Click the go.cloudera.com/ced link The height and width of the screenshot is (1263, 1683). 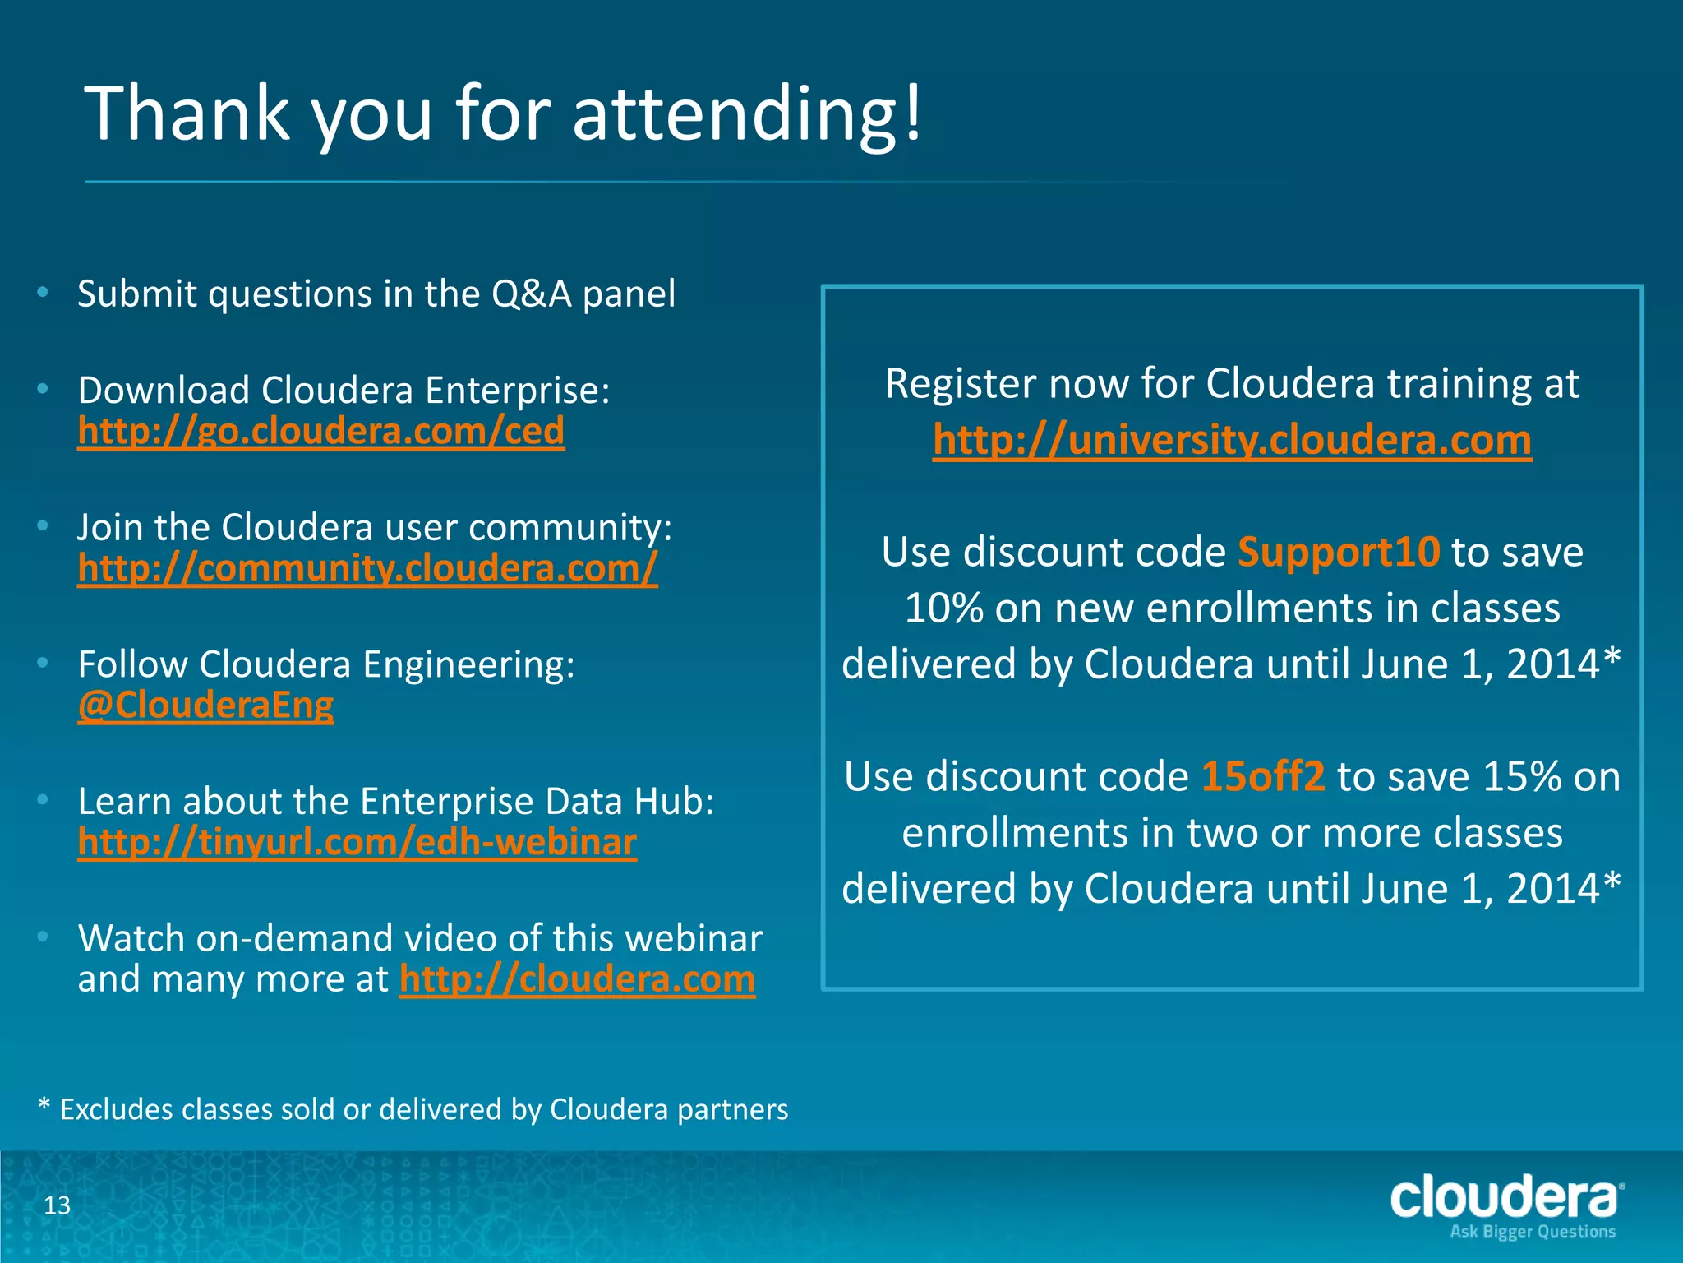320,431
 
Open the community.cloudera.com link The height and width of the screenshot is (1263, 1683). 367,568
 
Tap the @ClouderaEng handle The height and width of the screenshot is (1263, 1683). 205,706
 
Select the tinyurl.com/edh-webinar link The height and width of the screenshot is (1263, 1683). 357,842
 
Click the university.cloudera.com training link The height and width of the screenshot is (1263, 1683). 1232,440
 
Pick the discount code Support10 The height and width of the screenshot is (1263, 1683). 1339,552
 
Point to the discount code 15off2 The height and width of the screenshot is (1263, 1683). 1263,776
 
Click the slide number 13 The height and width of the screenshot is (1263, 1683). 57,1205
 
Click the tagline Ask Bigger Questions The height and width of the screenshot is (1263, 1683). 1533,1232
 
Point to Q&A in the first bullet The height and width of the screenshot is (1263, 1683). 531,294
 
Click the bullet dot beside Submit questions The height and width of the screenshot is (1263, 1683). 43,292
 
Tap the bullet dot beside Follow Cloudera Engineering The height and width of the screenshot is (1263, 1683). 43,662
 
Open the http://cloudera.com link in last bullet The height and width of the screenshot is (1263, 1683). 577,979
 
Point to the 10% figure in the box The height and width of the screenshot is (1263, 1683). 943,608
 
